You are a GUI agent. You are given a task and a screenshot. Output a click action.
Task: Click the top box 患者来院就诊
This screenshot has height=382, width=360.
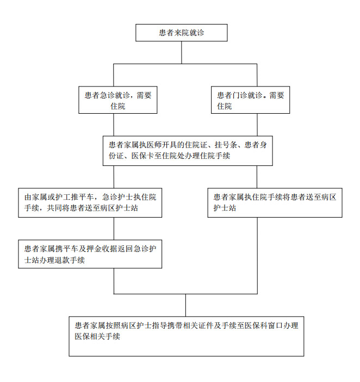(x=181, y=33)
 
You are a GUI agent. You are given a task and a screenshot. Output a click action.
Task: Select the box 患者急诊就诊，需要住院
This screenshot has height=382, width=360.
(x=118, y=100)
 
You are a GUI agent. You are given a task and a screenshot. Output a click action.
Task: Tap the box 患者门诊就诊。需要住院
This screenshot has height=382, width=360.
(x=251, y=100)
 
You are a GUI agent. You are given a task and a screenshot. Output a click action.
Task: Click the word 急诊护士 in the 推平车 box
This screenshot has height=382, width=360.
(x=117, y=197)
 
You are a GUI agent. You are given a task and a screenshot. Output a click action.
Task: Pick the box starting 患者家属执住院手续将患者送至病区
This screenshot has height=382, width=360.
(x=275, y=202)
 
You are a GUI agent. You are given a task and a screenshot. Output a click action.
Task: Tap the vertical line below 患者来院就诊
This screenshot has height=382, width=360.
(x=182, y=53)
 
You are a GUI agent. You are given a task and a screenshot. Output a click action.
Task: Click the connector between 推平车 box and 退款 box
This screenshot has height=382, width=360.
(x=114, y=229)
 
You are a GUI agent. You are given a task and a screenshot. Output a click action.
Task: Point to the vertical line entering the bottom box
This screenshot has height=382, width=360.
(x=186, y=305)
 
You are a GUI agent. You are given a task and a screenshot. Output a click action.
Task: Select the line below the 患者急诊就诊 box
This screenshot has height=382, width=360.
(x=114, y=125)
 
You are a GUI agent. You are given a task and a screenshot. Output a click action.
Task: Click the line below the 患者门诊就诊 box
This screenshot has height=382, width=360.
(x=257, y=125)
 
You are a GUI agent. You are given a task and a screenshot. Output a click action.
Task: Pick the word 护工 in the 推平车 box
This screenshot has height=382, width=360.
(x=63, y=197)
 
